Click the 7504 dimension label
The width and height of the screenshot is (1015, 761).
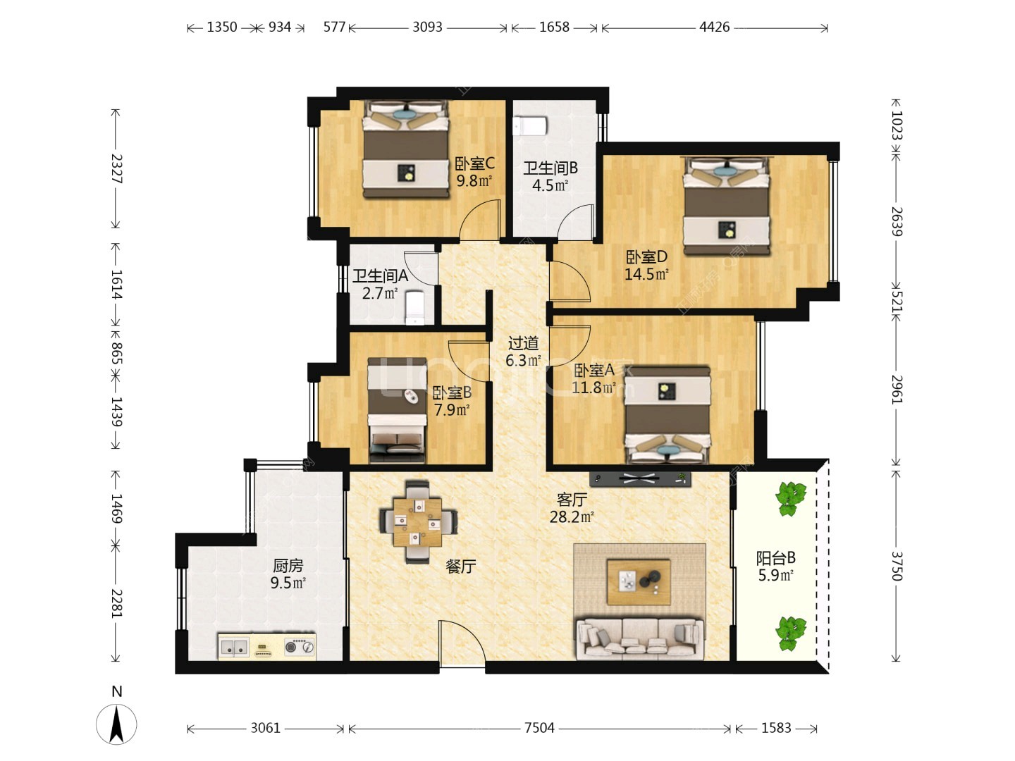pyautogui.click(x=539, y=728)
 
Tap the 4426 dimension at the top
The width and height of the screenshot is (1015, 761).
pyautogui.click(x=714, y=27)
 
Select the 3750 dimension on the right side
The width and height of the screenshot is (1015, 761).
pyautogui.click(x=897, y=566)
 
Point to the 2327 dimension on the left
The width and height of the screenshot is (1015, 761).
pyautogui.click(x=117, y=168)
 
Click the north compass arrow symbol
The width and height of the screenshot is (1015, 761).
pyautogui.click(x=116, y=724)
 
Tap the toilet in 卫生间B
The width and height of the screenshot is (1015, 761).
pyautogui.click(x=530, y=125)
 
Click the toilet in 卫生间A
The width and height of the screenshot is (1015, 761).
pyautogui.click(x=414, y=307)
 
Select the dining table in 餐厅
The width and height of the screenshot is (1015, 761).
pyautogui.click(x=418, y=521)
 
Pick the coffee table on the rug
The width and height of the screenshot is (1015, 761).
pyautogui.click(x=639, y=582)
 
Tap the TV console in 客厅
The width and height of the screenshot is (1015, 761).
pyautogui.click(x=640, y=479)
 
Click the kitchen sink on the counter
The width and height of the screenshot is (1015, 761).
pyautogui.click(x=234, y=647)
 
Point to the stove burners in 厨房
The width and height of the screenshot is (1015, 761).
pyautogui.click(x=299, y=647)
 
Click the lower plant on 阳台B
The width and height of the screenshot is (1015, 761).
pyautogui.click(x=791, y=633)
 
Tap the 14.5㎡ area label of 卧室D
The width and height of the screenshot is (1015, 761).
pyautogui.click(x=646, y=275)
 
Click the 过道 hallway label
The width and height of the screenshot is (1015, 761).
pyautogui.click(x=523, y=343)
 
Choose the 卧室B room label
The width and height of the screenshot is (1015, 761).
pyautogui.click(x=452, y=392)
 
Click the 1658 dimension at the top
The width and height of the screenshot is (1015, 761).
pyautogui.click(x=554, y=27)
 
